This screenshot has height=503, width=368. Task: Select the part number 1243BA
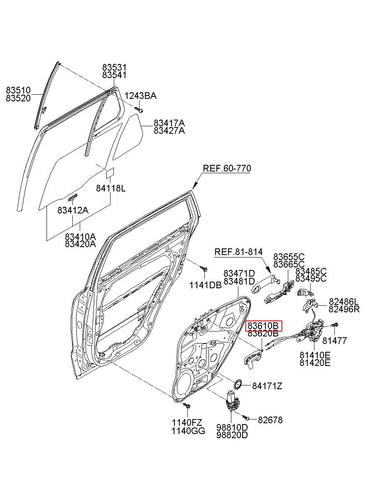click(x=140, y=96)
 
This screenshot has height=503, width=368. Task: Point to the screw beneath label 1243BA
click(x=138, y=110)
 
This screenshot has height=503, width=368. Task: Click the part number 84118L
click(x=111, y=189)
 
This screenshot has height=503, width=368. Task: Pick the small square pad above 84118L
click(x=110, y=172)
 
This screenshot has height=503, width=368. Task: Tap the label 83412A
click(x=73, y=211)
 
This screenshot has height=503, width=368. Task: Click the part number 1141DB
click(x=206, y=285)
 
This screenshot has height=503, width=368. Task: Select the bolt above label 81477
click(x=334, y=325)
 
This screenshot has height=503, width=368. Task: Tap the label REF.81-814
click(x=238, y=252)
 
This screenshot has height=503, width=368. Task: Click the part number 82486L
click(x=344, y=302)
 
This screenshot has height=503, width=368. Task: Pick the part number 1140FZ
click(x=187, y=422)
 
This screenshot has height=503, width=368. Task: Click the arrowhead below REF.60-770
click(x=195, y=186)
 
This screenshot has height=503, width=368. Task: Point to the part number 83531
click(x=115, y=67)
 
